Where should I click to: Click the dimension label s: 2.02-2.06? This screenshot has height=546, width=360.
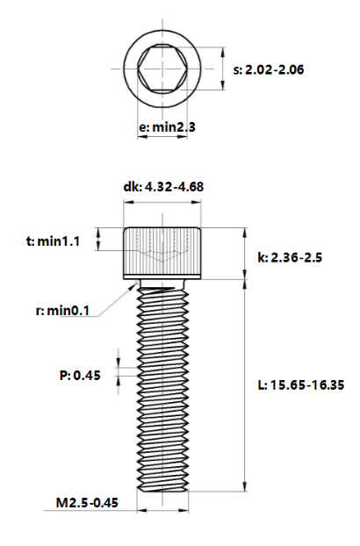(x=269, y=69)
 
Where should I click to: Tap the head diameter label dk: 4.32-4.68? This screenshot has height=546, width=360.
(x=163, y=186)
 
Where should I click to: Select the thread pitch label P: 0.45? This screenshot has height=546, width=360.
(x=80, y=375)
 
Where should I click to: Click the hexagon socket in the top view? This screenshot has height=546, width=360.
(x=164, y=68)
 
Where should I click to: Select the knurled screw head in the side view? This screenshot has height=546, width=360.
(x=164, y=252)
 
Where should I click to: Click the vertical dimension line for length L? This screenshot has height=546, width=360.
(x=246, y=386)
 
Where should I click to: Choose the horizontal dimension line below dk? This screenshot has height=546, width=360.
(x=164, y=203)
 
